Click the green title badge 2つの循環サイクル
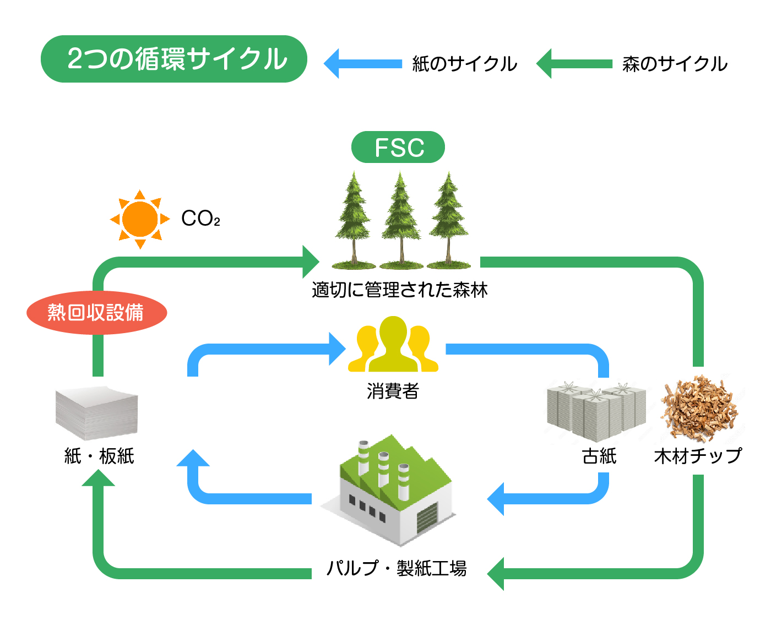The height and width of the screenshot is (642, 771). click(173, 59)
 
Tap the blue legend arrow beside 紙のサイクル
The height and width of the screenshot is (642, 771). click(362, 63)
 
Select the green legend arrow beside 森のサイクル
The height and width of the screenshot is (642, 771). click(574, 63)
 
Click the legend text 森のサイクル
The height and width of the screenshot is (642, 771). click(675, 64)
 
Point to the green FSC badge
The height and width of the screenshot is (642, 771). click(398, 147)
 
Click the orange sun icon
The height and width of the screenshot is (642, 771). click(139, 219)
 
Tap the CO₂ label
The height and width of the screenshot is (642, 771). click(200, 218)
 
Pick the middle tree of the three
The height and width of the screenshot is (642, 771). click(400, 220)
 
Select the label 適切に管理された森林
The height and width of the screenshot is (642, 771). click(399, 290)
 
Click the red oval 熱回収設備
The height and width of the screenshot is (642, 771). click(97, 313)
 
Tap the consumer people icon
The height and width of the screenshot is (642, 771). click(393, 344)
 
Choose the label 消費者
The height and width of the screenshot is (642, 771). click(393, 391)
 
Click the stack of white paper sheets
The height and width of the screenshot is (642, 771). click(96, 413)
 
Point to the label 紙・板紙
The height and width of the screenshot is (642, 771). click(99, 455)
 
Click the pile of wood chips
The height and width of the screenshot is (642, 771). click(699, 408)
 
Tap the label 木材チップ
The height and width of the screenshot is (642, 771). click(698, 455)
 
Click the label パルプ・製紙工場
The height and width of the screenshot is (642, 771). click(397, 568)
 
